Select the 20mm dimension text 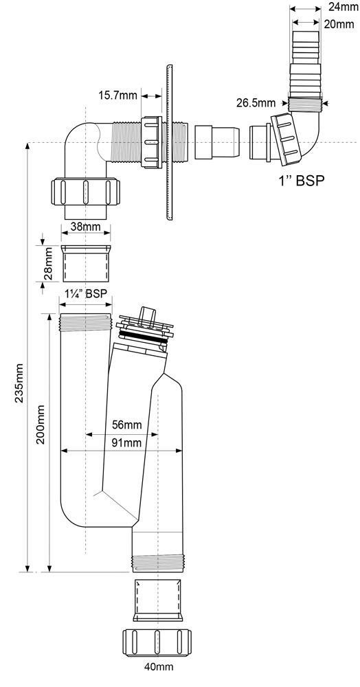point(339,24)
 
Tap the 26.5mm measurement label point(256,104)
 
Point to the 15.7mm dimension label point(117,95)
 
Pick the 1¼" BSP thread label point(86,293)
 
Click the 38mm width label point(85,227)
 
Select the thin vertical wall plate point(170,142)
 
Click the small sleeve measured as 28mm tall point(86,263)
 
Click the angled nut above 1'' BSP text point(287,139)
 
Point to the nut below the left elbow point(85,191)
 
